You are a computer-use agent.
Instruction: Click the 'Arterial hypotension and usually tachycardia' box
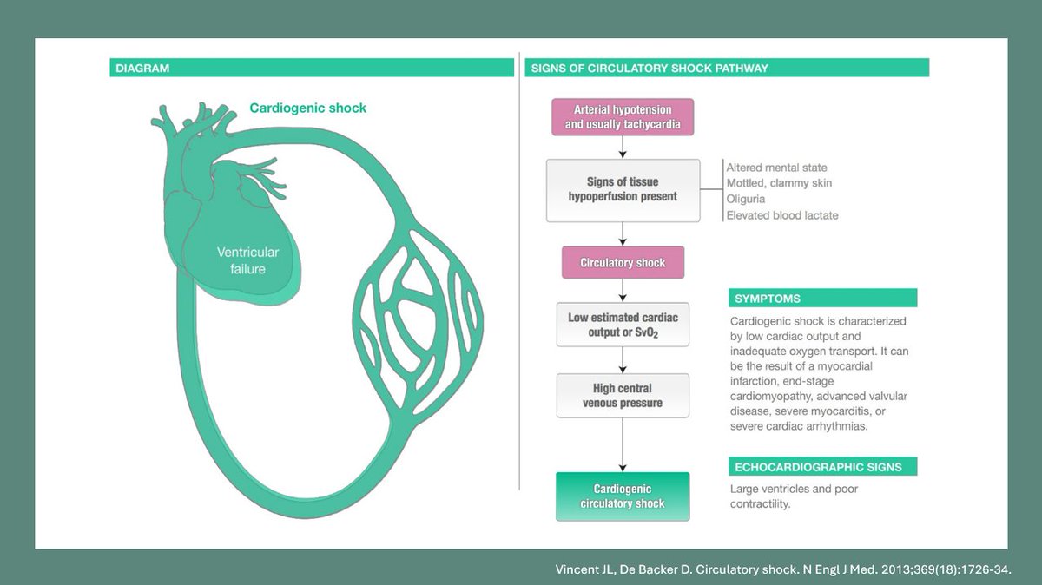click(x=623, y=116)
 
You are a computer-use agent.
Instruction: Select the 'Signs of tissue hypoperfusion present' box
click(x=623, y=190)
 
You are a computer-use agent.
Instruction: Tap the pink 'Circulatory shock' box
click(x=623, y=263)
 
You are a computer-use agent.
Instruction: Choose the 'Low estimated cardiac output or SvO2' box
click(x=623, y=325)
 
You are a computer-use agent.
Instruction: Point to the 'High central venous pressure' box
click(x=623, y=396)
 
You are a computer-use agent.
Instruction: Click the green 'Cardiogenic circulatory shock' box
click(x=623, y=496)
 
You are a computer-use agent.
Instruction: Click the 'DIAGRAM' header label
click(x=142, y=69)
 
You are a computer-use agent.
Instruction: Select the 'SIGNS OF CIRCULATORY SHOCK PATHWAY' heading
click(x=650, y=69)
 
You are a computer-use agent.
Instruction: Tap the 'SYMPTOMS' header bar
click(x=823, y=298)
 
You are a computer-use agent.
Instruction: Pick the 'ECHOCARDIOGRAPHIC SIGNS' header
click(x=823, y=466)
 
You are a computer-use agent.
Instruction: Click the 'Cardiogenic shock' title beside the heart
click(x=308, y=108)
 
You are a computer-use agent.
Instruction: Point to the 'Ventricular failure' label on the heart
click(x=248, y=260)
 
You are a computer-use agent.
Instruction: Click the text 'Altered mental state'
click(x=777, y=168)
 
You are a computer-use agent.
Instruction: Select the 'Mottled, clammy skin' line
click(x=779, y=183)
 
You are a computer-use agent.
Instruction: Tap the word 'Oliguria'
click(x=746, y=199)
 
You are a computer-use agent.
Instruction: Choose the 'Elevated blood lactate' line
click(x=782, y=215)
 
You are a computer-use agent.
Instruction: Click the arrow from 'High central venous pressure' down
click(x=623, y=445)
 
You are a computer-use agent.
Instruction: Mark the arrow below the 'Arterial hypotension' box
click(x=623, y=148)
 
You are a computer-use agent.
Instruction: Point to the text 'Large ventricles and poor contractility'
click(x=794, y=496)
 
